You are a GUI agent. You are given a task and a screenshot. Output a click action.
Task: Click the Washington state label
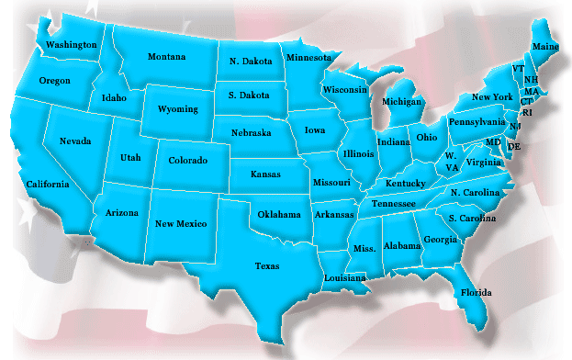pos(72,44)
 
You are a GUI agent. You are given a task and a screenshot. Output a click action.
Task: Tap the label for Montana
pos(166,56)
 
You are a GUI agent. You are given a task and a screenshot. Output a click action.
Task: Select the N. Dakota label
pos(249,62)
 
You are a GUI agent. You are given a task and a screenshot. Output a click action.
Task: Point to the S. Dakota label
pos(249,95)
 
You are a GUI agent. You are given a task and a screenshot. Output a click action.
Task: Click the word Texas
pos(267,266)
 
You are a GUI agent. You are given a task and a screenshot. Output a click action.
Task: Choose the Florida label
pos(477,293)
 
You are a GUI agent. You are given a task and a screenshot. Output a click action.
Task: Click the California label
pos(48,184)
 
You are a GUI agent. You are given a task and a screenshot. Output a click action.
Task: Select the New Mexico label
pos(181,223)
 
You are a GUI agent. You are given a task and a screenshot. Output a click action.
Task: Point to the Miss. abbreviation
pos(364,249)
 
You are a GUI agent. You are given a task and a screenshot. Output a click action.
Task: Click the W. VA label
pos(452,162)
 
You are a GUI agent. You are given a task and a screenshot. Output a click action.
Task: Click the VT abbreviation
pos(518,70)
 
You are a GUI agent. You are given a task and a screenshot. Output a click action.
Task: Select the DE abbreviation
pos(514,147)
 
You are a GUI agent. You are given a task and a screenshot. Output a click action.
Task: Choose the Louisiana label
pos(345,277)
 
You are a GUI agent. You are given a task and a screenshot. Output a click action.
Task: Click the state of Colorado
pos(187,160)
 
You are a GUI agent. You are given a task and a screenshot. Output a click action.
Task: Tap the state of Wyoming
pos(178,108)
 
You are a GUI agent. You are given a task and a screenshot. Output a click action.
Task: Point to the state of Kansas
pos(266,174)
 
